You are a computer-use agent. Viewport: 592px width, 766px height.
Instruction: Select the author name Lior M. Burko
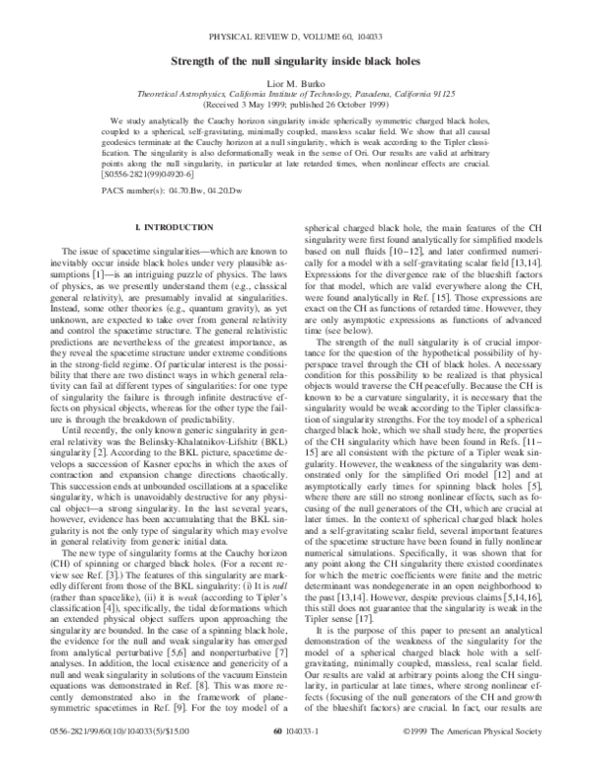tap(296, 90)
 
